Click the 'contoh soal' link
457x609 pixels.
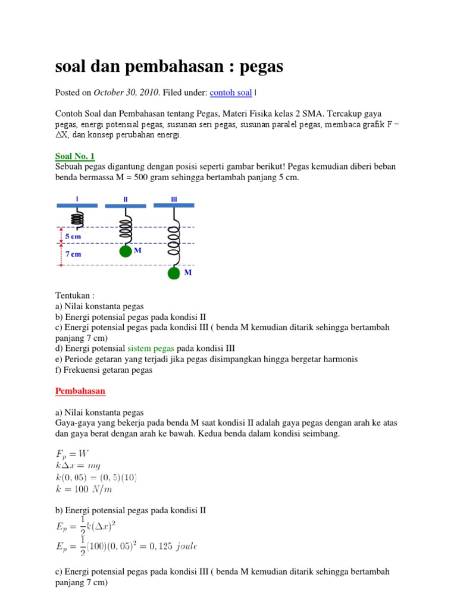point(231,93)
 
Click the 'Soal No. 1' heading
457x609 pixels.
point(75,156)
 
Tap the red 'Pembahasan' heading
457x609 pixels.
point(80,391)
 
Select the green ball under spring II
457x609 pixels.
point(125,252)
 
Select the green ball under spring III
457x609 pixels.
point(174,273)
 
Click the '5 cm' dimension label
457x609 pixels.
point(73,236)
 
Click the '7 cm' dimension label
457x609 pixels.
point(73,254)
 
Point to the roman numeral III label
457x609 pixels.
point(174,199)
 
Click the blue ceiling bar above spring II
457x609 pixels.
point(125,206)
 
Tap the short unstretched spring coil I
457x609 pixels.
point(77,219)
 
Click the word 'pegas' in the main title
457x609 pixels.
point(261,67)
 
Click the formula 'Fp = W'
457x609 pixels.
point(72,453)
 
